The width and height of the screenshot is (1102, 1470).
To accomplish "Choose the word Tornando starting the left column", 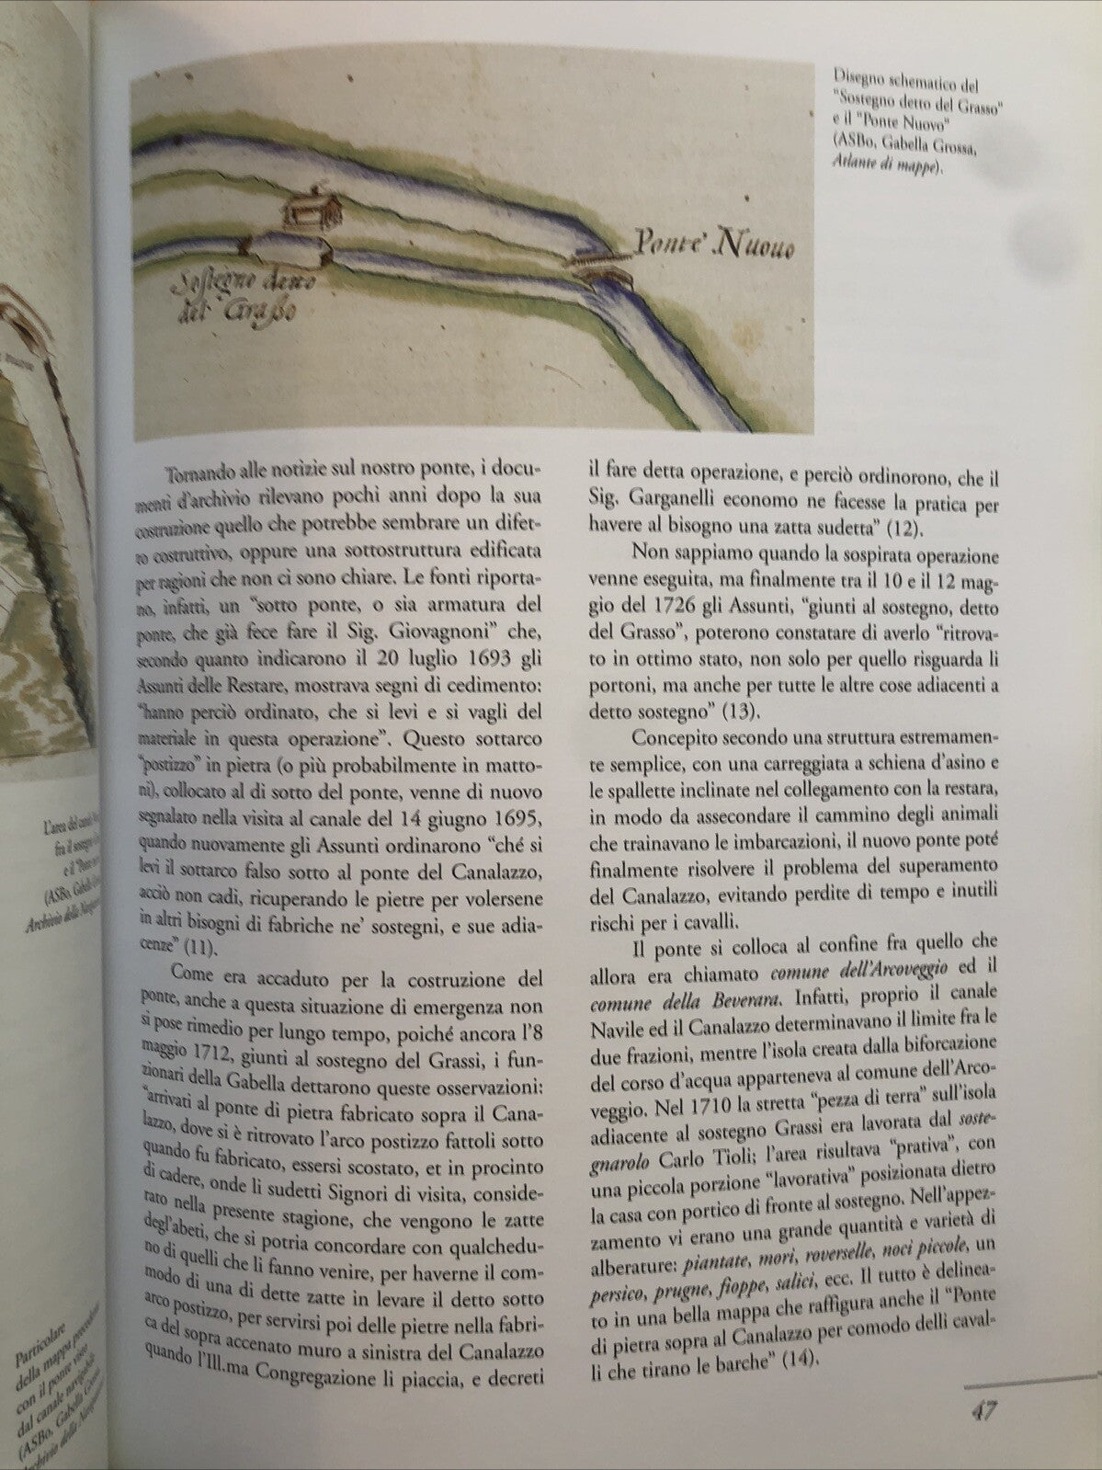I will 199,473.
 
